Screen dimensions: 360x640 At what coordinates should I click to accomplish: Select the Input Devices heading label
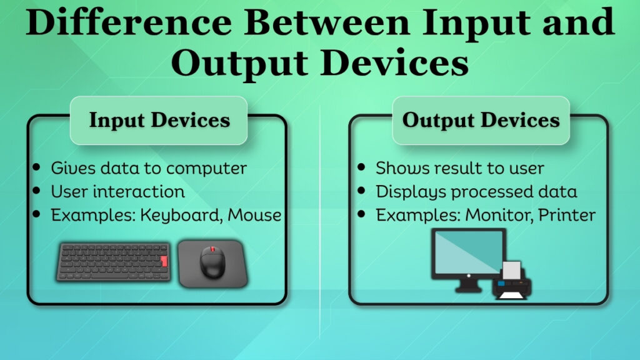click(x=159, y=120)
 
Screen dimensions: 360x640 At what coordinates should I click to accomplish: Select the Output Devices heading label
click(x=481, y=120)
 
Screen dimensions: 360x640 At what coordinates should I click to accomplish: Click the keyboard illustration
click(x=115, y=263)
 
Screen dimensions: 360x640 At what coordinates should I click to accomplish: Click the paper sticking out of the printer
click(x=512, y=271)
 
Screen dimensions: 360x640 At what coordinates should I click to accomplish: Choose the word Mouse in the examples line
click(x=254, y=215)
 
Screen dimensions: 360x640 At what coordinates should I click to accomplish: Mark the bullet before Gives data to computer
click(x=39, y=167)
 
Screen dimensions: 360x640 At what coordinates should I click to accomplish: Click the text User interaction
click(x=117, y=191)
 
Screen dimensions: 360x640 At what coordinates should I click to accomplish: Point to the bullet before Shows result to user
click(x=362, y=167)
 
